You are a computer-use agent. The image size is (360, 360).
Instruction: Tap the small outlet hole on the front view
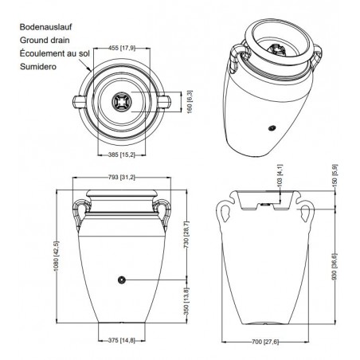coord(122,280)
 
